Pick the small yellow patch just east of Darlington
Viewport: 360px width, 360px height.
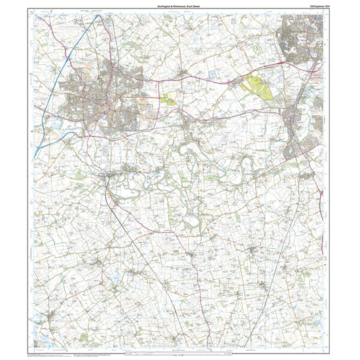[x=169, y=99]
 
